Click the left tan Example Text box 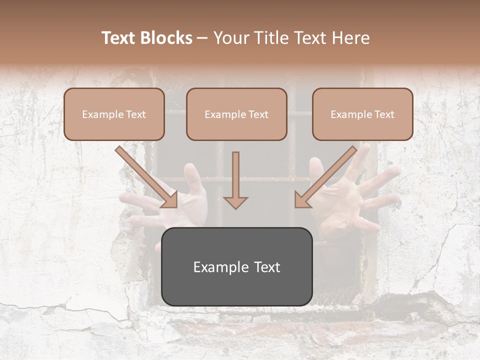pyautogui.click(x=114, y=114)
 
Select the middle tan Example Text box pyautogui.click(x=236, y=114)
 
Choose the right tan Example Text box pyautogui.click(x=362, y=114)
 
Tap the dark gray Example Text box pyautogui.click(x=236, y=266)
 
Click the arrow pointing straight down pyautogui.click(x=235, y=180)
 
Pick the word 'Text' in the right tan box pyautogui.click(x=384, y=114)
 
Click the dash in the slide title pyautogui.click(x=202, y=38)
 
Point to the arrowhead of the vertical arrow pyautogui.click(x=235, y=202)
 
